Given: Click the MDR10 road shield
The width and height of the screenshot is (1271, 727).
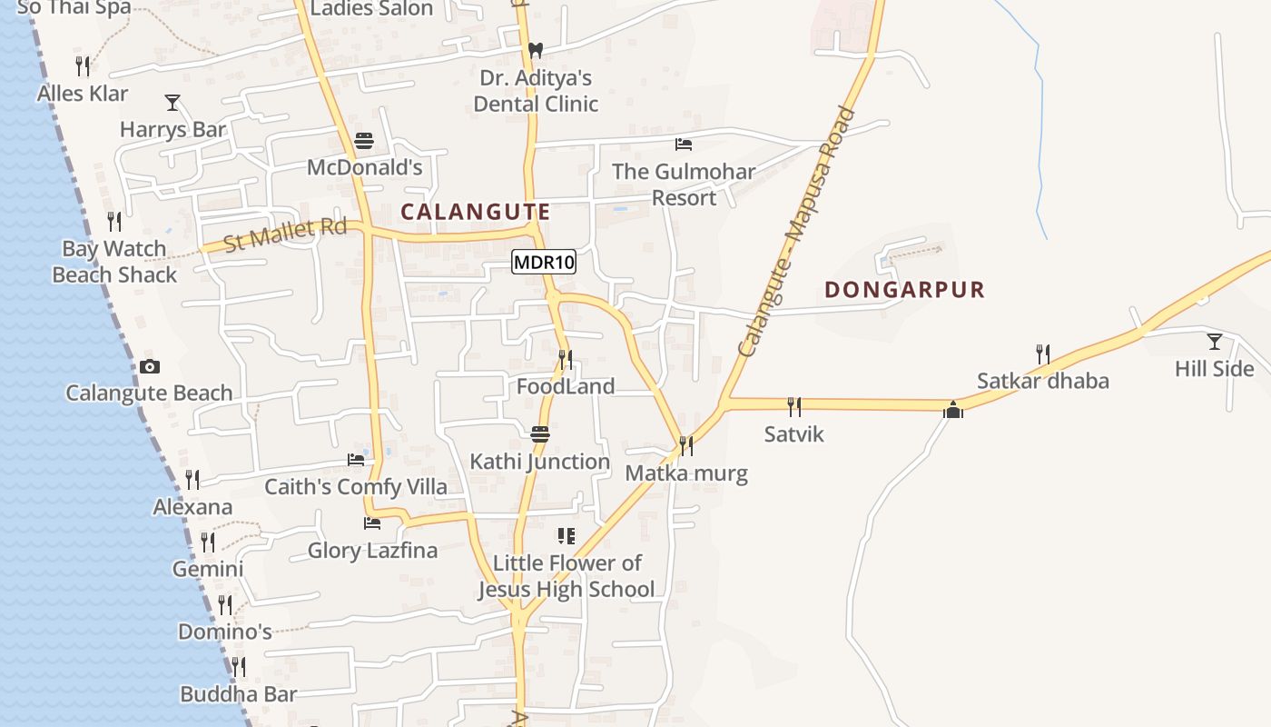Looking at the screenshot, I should [544, 263].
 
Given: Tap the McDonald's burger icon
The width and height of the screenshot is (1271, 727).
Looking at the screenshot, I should [364, 141].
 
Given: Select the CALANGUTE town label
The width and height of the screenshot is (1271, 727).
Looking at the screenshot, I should [476, 212].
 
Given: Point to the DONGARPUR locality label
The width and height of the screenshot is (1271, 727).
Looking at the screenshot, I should [904, 290].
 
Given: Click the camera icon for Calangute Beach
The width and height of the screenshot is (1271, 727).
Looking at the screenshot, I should [150, 366].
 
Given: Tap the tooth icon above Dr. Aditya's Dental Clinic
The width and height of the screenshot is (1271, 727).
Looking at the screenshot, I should [536, 50].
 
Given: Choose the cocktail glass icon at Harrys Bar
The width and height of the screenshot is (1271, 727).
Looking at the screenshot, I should [172, 102].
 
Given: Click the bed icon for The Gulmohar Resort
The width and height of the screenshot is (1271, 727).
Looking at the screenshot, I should [684, 144].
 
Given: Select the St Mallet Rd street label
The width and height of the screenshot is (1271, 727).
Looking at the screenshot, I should [285, 234].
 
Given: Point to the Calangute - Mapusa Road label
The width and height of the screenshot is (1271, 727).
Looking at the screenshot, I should [796, 233].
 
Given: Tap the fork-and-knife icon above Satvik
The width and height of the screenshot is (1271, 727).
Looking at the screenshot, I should [793, 405].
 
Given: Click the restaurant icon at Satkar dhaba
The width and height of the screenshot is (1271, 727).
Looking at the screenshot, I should [1043, 354].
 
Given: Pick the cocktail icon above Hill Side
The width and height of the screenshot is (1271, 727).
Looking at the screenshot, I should [1214, 341].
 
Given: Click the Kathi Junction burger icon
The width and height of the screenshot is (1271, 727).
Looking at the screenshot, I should [540, 433].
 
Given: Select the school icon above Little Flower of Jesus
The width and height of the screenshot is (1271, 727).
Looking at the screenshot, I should [567, 535].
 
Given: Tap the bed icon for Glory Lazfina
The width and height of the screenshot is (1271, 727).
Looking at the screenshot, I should [371, 523].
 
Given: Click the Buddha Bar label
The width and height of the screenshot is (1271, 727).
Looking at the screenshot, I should [238, 694].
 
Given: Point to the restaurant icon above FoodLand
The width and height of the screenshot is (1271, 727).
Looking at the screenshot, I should [566, 360].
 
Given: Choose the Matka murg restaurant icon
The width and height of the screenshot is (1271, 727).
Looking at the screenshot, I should [686, 445].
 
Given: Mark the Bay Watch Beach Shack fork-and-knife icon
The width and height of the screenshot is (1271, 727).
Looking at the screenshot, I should [114, 221].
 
